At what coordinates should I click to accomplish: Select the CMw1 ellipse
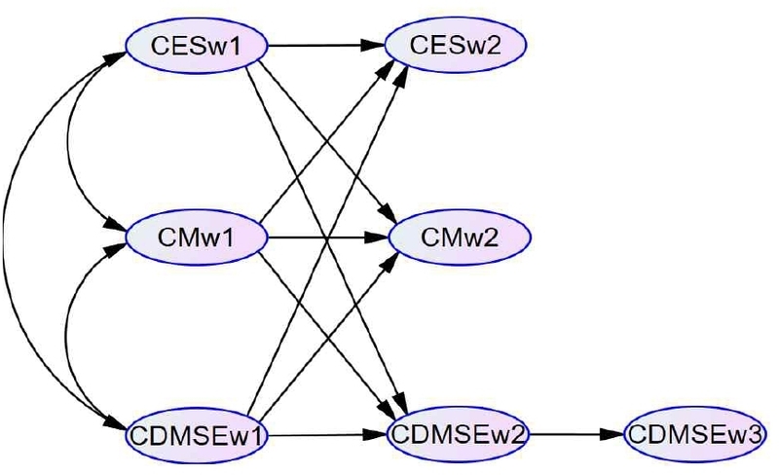tap(198, 237)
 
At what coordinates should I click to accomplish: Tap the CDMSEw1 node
tap(198, 432)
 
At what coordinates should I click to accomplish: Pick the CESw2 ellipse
tap(457, 45)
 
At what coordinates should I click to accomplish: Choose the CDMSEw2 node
tap(458, 431)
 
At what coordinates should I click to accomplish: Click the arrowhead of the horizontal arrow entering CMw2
tap(380, 237)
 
